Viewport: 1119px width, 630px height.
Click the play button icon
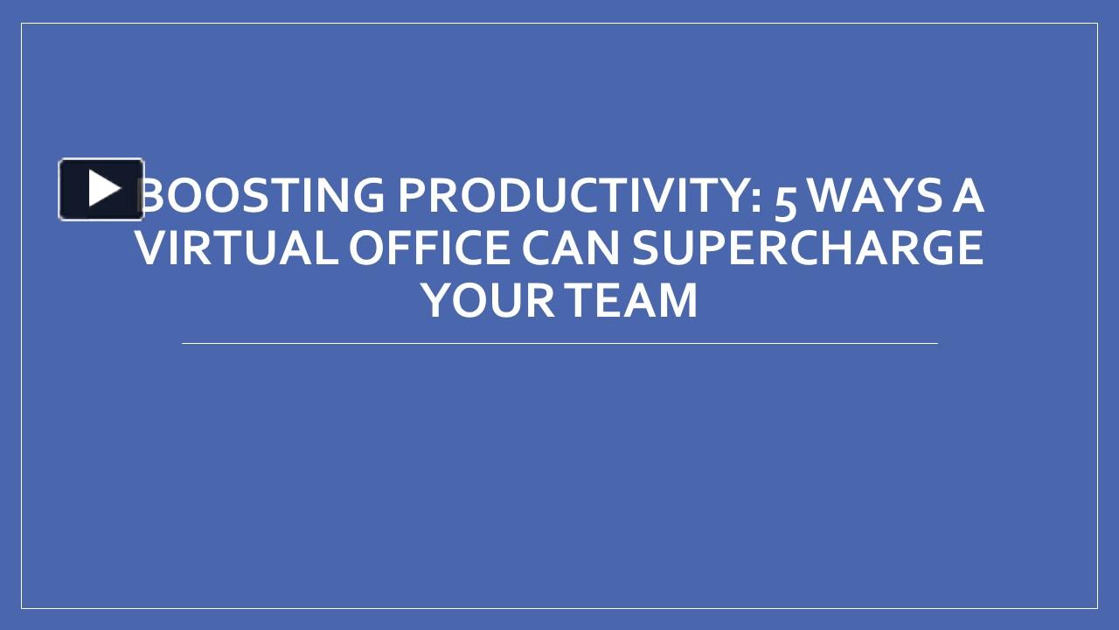pyautogui.click(x=101, y=189)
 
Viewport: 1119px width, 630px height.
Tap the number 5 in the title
pyautogui.click(x=786, y=198)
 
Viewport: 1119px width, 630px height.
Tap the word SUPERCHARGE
pyautogui.click(x=808, y=248)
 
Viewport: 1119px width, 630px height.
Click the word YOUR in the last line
pyautogui.click(x=488, y=300)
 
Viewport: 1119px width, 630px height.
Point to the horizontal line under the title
pyautogui.click(x=559, y=344)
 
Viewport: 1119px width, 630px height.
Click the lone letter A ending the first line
pyautogui.click(x=967, y=195)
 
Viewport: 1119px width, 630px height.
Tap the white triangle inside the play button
pyautogui.click(x=104, y=188)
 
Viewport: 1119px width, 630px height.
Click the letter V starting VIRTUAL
pyautogui.click(x=151, y=248)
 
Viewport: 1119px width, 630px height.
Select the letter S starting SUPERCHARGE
pyautogui.click(x=647, y=248)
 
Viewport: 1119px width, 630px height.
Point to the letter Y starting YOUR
pyautogui.click(x=435, y=300)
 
